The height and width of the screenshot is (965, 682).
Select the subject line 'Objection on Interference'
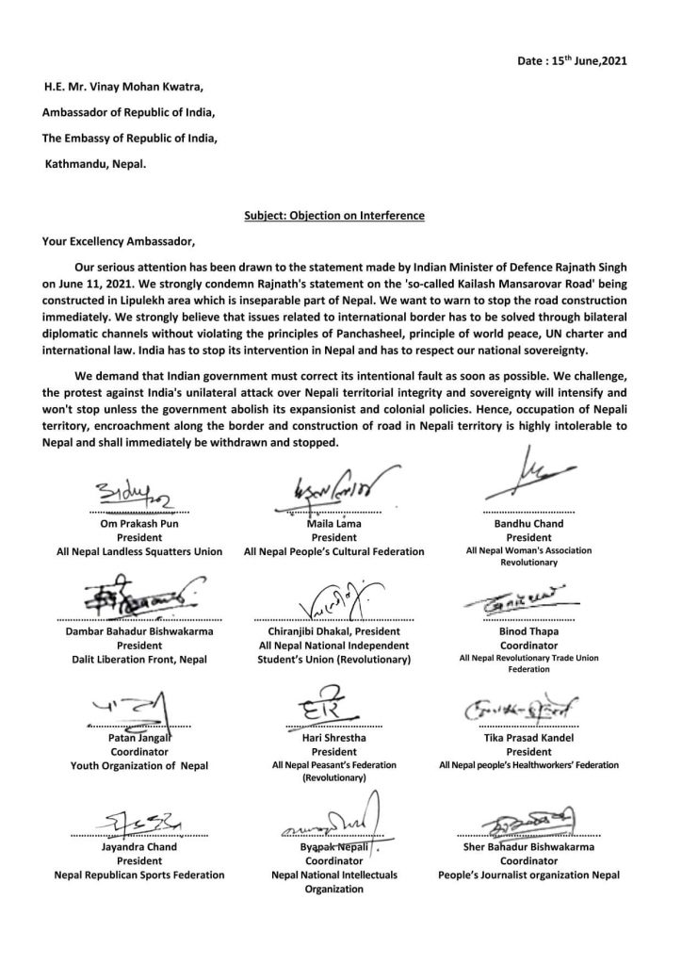[x=333, y=216]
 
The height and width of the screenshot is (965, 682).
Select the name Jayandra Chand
[x=139, y=847]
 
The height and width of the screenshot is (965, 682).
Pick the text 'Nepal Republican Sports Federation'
[x=139, y=875]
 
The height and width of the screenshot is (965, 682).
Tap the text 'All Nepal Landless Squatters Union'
[x=139, y=551]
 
